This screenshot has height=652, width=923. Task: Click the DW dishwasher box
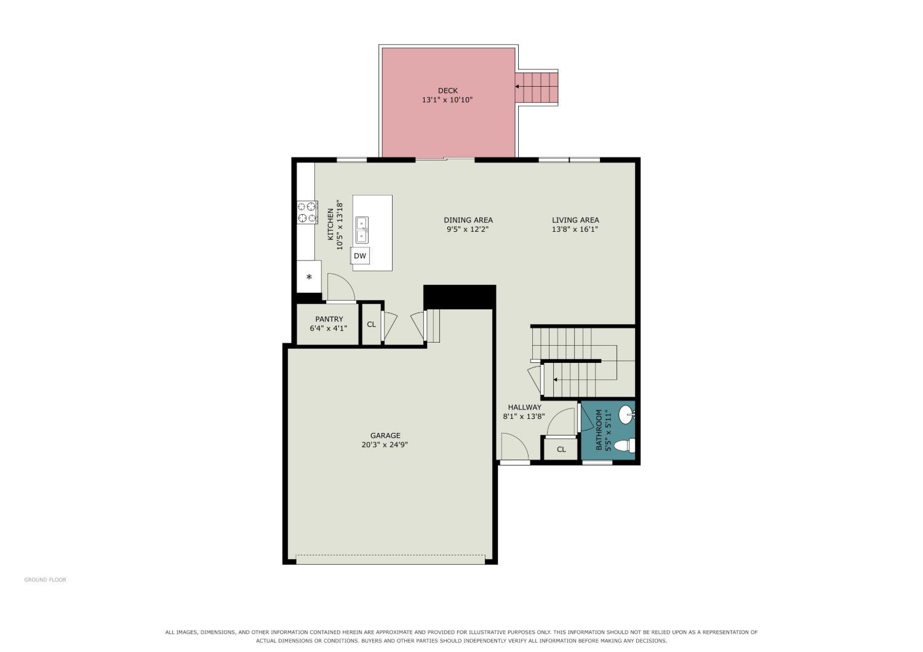(360, 256)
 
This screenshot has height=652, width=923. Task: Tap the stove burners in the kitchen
(308, 213)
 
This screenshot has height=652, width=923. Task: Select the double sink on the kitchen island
(362, 230)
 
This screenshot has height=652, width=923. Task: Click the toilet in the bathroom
(625, 445)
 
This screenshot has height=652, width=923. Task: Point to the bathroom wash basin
(627, 415)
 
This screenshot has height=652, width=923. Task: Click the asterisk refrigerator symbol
(309, 277)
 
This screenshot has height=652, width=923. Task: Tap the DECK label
(448, 90)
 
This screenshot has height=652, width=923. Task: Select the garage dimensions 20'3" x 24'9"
(385, 445)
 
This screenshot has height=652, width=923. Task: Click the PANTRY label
(329, 319)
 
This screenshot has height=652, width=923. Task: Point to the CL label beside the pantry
(371, 325)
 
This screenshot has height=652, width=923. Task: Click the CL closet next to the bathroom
(561, 450)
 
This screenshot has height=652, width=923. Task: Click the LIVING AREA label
(575, 220)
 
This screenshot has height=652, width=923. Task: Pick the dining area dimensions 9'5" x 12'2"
(468, 229)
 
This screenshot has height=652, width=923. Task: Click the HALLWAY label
(524, 407)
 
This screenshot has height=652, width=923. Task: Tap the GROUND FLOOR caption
(46, 580)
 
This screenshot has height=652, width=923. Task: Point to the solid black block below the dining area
(460, 296)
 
